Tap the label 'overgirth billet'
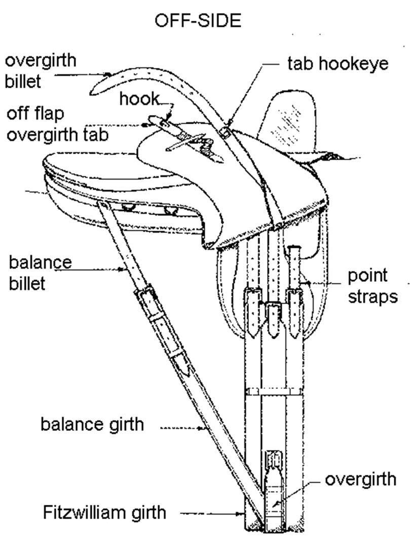tap(41, 70)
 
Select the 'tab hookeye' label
tap(338, 63)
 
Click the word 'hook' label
tap(139, 99)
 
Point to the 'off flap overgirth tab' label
tap(57, 125)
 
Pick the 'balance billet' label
tap(40, 273)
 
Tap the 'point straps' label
tap(372, 285)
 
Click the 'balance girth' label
tap(92, 424)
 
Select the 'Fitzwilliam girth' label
tap(104, 512)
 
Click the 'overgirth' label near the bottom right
tap(360, 480)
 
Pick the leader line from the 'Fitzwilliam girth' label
tap(213, 514)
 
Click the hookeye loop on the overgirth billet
tap(227, 131)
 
